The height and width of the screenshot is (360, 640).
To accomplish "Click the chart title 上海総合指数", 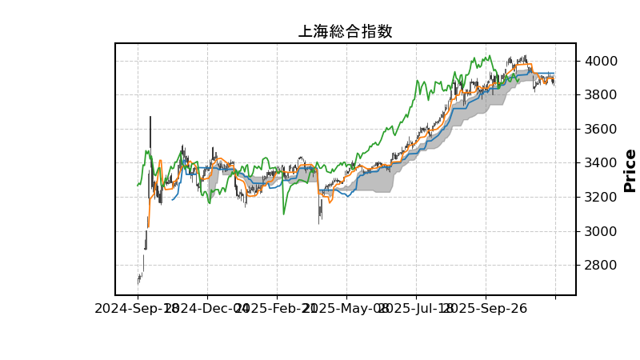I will click(345, 32).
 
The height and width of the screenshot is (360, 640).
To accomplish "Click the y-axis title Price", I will click(630, 170).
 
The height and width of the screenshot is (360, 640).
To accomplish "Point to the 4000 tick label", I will click(601, 61).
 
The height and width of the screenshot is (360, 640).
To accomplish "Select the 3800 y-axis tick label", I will click(601, 95).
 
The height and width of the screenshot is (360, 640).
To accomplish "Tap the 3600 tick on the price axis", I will click(601, 129).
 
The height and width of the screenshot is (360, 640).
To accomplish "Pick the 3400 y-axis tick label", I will click(601, 163).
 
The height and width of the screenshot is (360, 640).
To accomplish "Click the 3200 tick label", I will click(601, 197).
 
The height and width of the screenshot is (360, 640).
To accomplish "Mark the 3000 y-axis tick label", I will click(601, 231).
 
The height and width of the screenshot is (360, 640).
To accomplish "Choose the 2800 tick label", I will click(601, 266).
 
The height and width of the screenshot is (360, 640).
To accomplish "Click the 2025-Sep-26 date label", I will click(485, 308).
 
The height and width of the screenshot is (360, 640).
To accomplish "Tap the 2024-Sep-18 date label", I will click(138, 308).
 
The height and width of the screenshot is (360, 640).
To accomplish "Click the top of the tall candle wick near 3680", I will click(150, 117).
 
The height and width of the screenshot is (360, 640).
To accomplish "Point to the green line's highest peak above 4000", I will click(489, 56).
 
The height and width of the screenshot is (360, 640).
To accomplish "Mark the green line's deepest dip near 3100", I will click(283, 214).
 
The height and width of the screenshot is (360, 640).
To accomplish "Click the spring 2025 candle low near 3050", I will click(319, 222).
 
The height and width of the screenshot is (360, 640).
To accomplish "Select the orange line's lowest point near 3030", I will click(148, 226).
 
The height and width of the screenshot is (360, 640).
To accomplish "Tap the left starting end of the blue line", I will click(172, 199).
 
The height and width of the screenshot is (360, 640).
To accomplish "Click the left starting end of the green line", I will click(138, 186).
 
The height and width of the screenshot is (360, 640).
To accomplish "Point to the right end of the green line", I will click(519, 80).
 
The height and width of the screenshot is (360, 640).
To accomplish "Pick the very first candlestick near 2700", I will click(138, 279).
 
